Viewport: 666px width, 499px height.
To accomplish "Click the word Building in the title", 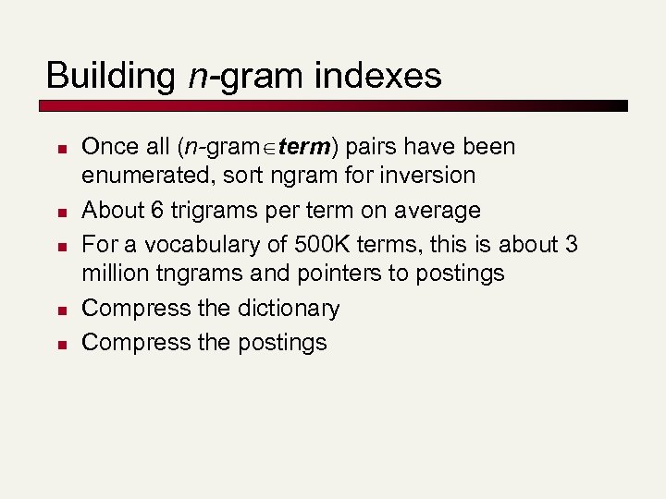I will pos(109,76).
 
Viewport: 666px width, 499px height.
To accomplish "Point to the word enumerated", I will pos(148,176).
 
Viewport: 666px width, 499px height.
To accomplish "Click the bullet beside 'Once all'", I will pos(57,148).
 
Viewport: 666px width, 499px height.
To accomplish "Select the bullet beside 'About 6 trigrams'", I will pos(57,211).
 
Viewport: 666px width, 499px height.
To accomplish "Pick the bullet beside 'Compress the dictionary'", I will pos(57,309).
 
